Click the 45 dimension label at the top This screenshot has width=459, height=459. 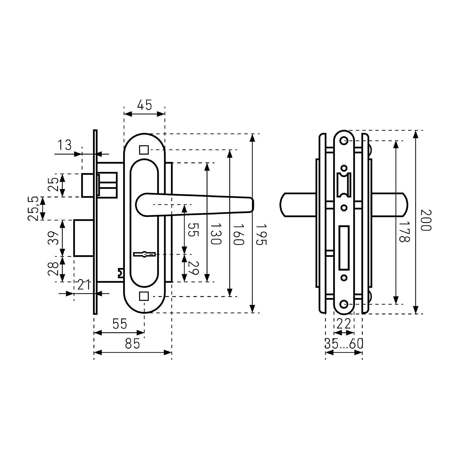coord(144,105)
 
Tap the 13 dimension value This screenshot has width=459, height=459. coord(65,145)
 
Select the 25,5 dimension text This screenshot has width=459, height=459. coord(33,209)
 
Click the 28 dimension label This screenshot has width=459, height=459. coord(53,269)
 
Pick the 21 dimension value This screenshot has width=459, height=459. coord(84,285)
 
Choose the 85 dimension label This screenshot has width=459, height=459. coord(132,343)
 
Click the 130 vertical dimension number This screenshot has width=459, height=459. coord(216,234)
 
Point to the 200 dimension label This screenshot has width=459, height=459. coord(426,220)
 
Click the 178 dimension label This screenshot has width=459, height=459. coord(404,232)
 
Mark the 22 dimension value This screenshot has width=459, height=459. coord(344,324)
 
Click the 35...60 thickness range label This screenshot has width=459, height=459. coord(344,343)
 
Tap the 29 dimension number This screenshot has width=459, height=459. coord(193,268)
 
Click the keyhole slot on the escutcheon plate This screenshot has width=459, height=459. coord(145,254)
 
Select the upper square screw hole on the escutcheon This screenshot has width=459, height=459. coord(144,150)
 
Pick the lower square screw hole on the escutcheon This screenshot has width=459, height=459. coord(144,296)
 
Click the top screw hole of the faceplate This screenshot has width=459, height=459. coord(344,141)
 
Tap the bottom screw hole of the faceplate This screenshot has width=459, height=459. coord(344,304)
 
